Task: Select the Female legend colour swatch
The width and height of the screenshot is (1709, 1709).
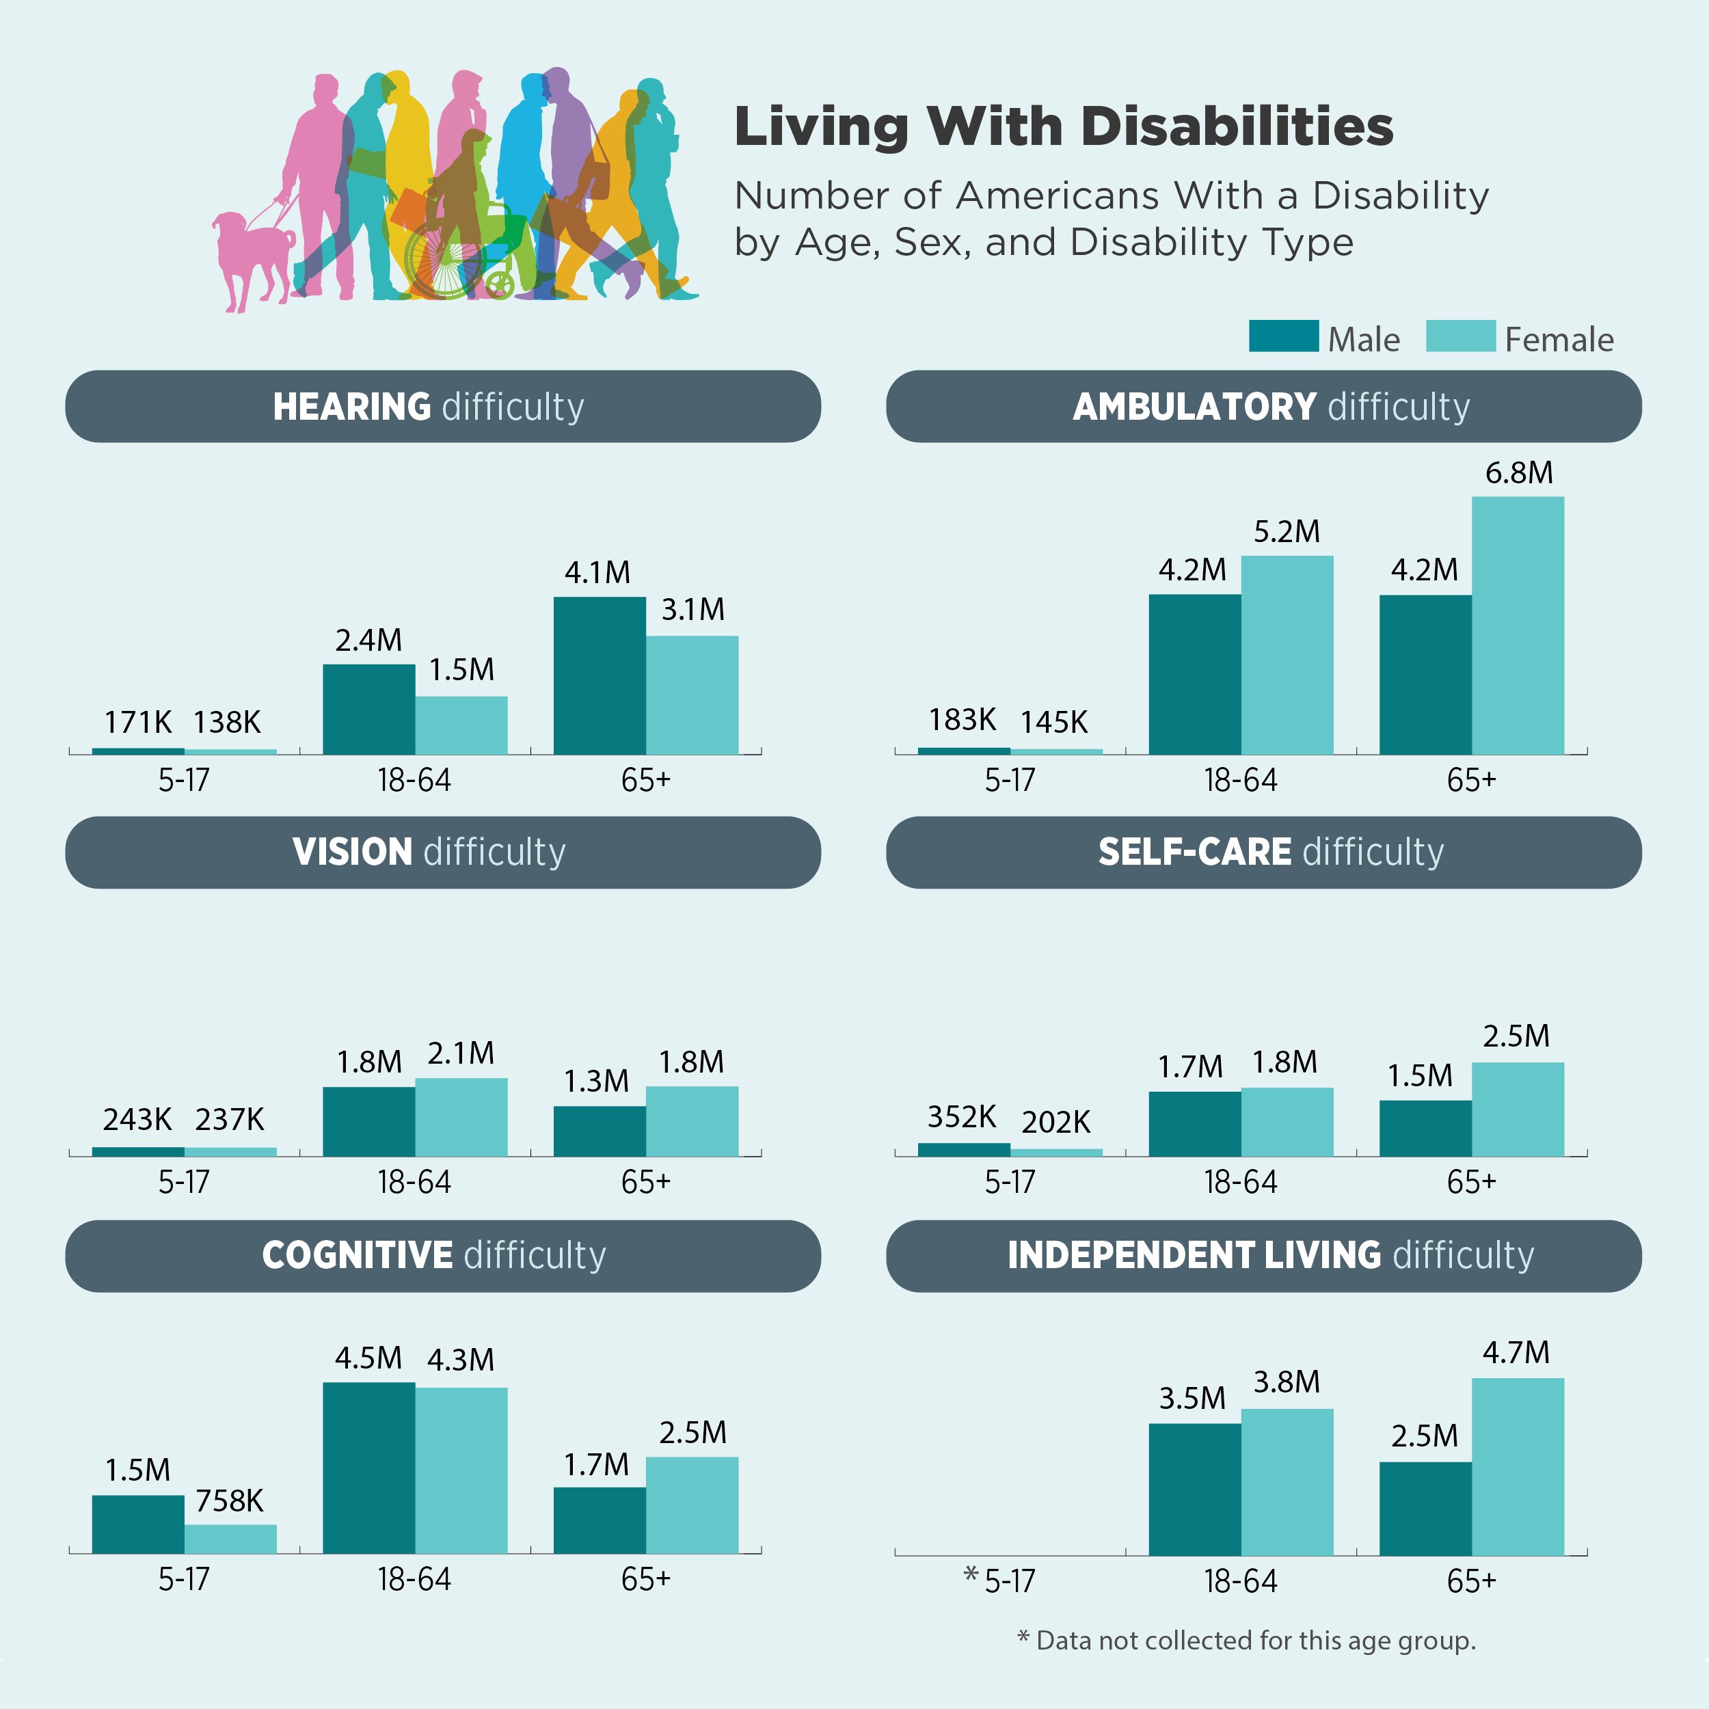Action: pos(1459,336)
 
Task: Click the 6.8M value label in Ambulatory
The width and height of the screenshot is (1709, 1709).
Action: pos(1518,473)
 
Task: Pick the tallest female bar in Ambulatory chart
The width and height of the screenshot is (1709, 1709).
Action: pos(1517,625)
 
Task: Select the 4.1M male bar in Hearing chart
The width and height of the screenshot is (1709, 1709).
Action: pos(600,676)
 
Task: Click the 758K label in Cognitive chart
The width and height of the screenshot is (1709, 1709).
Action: pos(229,1501)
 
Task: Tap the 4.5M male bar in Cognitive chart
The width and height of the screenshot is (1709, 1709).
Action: pos(369,1468)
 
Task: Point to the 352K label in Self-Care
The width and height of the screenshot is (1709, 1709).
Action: pos(962,1117)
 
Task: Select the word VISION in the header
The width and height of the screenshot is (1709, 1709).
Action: pos(352,852)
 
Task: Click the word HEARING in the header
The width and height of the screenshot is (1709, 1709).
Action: pos(351,407)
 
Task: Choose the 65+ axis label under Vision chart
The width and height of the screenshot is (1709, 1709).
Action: pos(646,1183)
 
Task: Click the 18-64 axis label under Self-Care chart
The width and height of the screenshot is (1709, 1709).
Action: pos(1240,1183)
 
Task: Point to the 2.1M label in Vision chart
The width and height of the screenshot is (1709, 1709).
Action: pos(461,1053)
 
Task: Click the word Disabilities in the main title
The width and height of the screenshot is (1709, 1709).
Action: pos(1237,126)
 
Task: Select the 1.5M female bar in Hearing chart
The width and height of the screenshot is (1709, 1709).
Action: pos(461,725)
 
